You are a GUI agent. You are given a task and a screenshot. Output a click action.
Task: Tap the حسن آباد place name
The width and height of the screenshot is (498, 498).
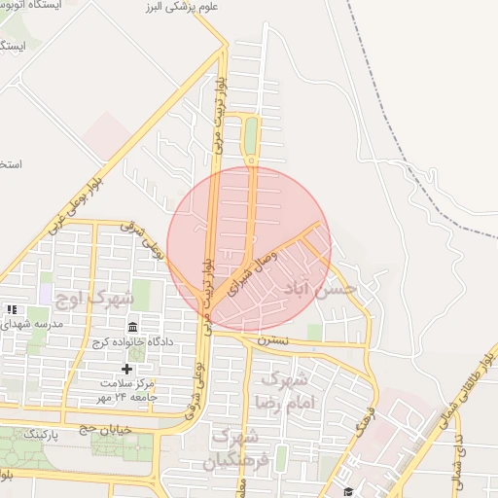(x=318, y=289)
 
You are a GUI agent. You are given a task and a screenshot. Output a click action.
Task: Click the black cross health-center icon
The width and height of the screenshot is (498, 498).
(x=126, y=369)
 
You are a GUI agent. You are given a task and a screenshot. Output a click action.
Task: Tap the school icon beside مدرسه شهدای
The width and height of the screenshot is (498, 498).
(x=13, y=309)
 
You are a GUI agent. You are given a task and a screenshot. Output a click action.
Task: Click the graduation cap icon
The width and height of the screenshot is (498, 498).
(x=347, y=490)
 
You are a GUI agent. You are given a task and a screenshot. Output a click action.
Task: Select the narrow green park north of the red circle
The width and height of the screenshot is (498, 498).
(x=251, y=136)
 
